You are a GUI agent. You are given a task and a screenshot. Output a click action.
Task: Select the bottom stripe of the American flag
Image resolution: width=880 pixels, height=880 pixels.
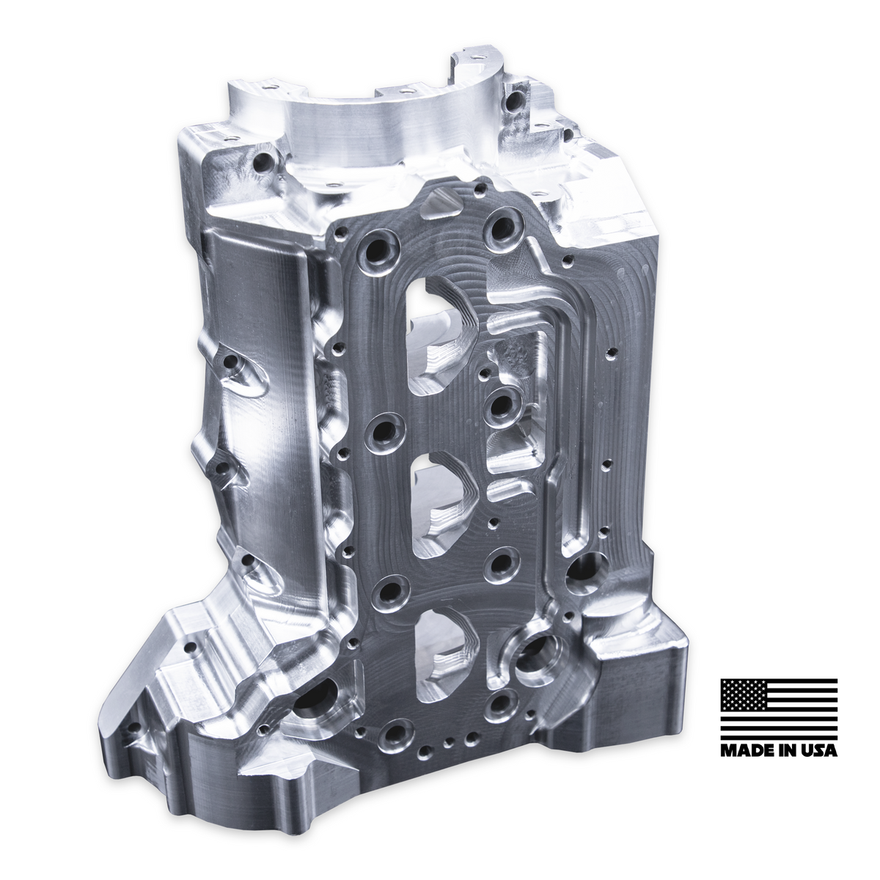[779, 734]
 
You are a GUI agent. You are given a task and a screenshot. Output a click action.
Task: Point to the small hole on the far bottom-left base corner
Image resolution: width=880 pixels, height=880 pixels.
[135, 730]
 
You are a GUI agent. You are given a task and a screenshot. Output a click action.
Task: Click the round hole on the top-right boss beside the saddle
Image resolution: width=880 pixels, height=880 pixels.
[516, 98]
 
